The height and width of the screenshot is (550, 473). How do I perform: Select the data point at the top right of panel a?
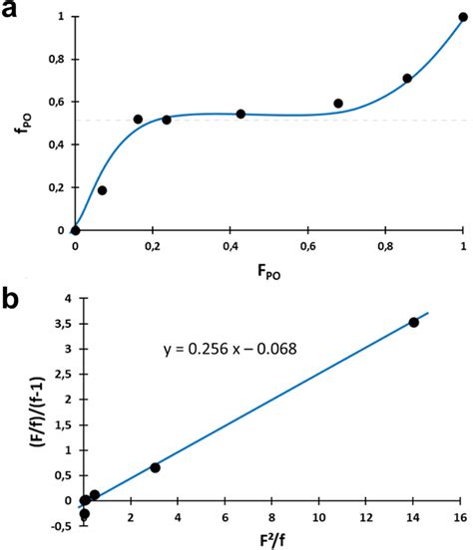click(x=463, y=17)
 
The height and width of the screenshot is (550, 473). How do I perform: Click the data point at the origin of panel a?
click(x=76, y=230)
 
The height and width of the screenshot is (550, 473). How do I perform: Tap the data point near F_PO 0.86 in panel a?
click(x=407, y=79)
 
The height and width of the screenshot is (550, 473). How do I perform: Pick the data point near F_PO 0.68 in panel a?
click(x=338, y=104)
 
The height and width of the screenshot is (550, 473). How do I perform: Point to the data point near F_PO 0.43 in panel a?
click(x=240, y=114)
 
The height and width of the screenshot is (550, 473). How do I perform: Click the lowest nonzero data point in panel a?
click(x=102, y=190)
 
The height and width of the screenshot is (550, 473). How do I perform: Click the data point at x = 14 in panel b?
click(x=413, y=322)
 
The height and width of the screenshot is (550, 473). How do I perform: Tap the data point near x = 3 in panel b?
click(x=155, y=467)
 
